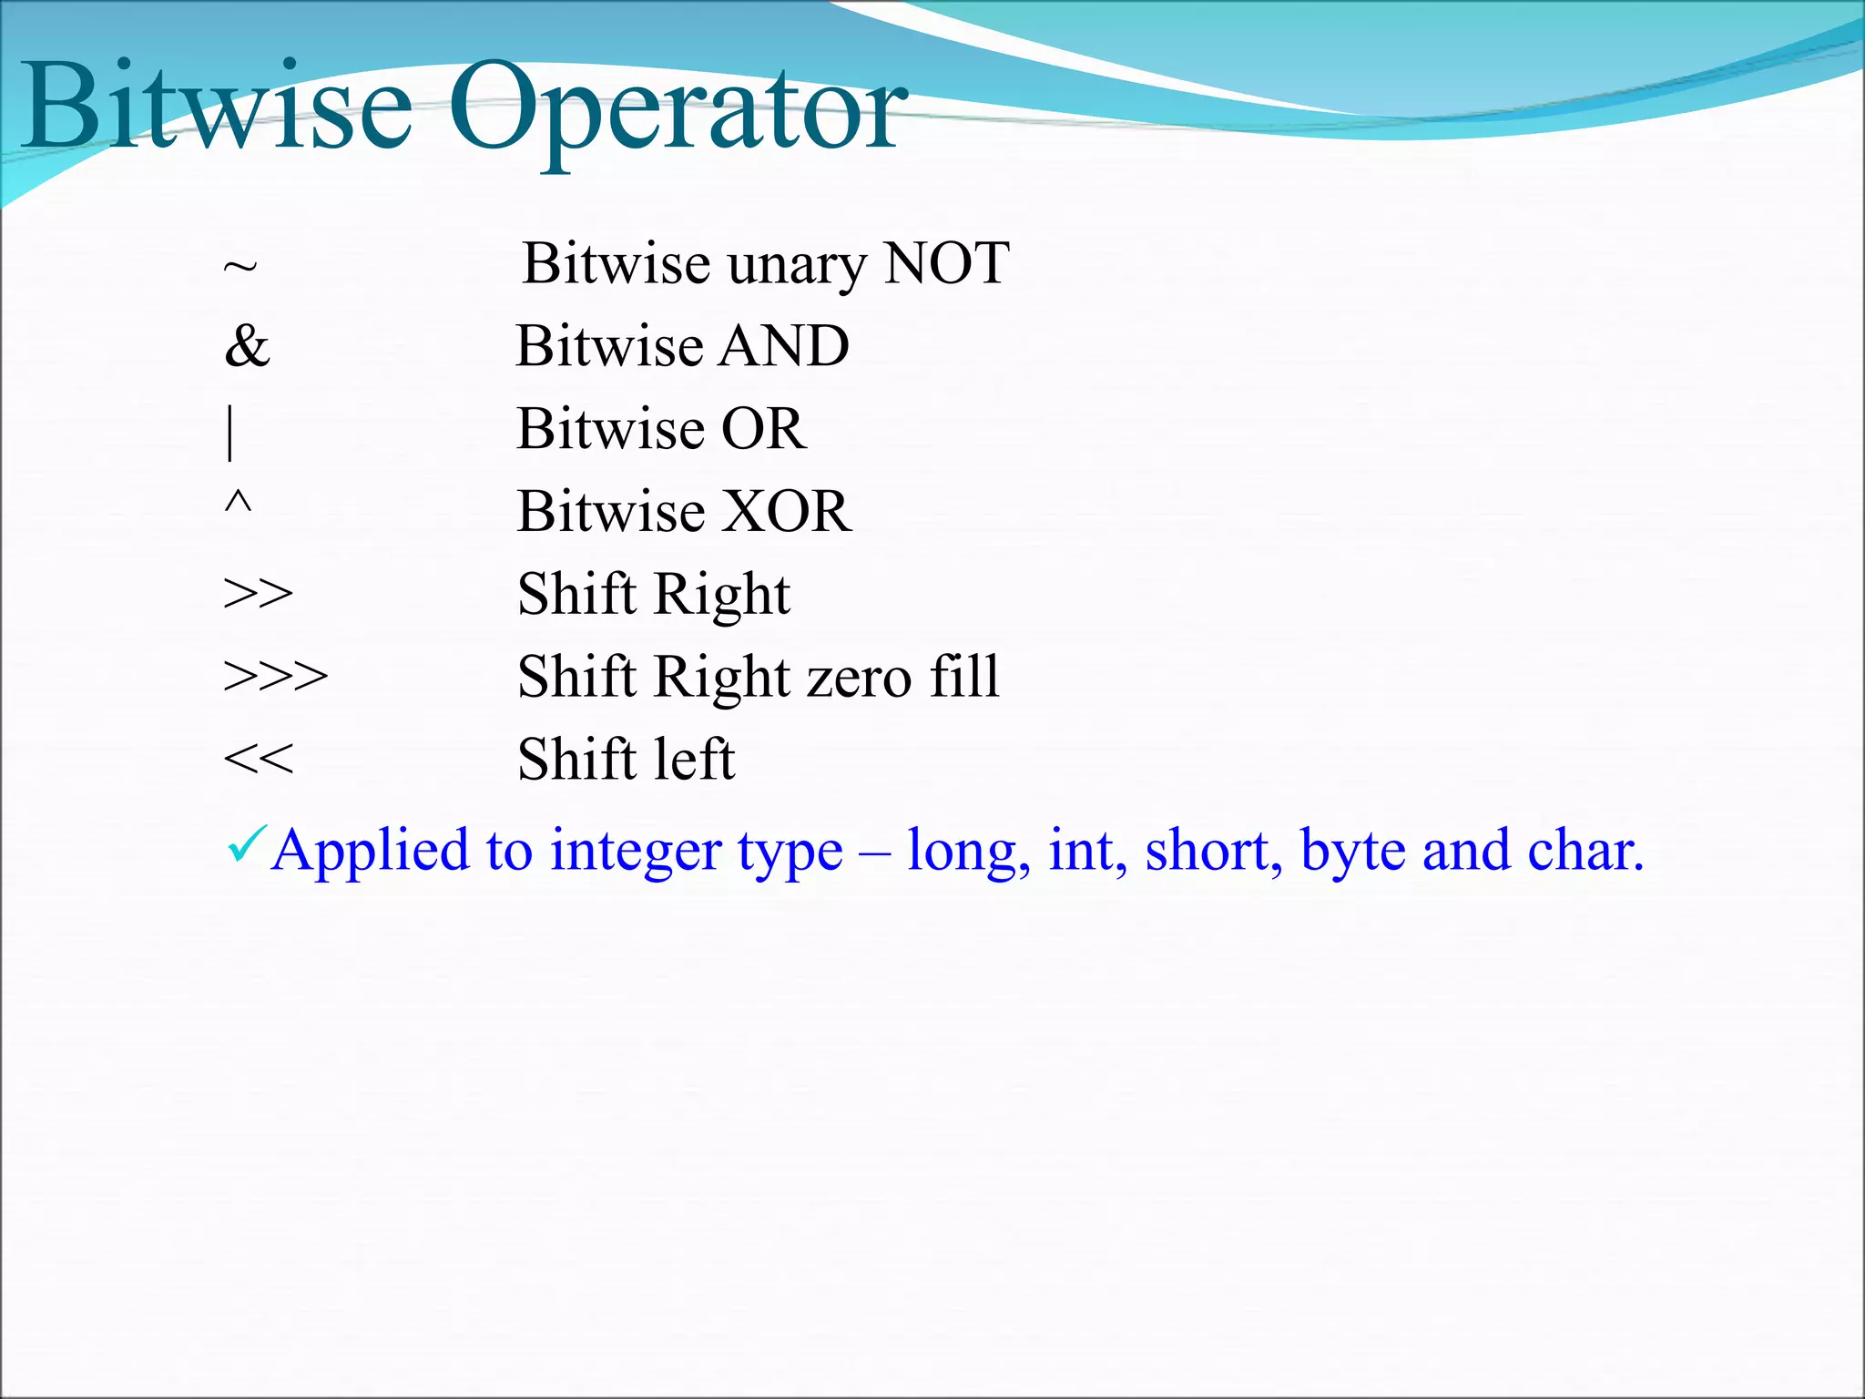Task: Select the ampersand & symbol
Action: point(247,346)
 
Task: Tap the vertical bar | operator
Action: point(230,433)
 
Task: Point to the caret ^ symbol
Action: point(238,503)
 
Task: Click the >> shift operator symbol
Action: point(259,594)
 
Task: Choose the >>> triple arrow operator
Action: point(276,677)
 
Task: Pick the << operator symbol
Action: point(259,759)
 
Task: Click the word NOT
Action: point(947,263)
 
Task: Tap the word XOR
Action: point(774,511)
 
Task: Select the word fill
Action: point(964,677)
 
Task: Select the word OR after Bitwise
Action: point(763,428)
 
